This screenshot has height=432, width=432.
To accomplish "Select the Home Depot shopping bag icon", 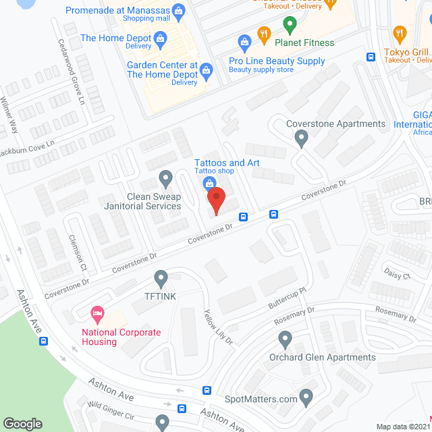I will [159, 39].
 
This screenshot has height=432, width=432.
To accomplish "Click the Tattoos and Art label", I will [227, 163].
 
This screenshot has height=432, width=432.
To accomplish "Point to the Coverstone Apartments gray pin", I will [302, 138].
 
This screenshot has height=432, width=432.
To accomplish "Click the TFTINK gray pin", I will [161, 277].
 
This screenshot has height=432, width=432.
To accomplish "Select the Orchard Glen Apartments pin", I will [285, 339].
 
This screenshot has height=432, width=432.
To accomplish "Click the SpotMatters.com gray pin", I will [306, 398].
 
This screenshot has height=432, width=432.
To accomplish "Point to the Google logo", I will [22, 423].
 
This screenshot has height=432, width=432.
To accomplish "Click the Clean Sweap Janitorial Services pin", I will [165, 179].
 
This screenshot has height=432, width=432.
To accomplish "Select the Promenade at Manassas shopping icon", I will [178, 11].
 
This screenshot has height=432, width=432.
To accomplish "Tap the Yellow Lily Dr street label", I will [218, 325].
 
